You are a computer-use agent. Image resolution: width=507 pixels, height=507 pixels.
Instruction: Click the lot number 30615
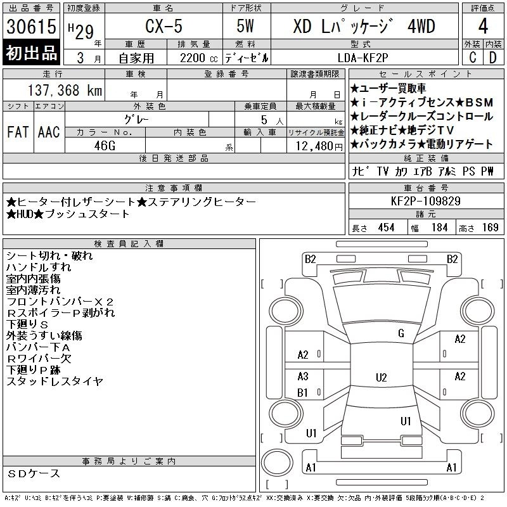coord(31,26)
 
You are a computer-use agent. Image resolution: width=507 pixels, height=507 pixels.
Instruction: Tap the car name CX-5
coord(164,26)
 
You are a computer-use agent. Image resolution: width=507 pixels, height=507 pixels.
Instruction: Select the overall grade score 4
coord(483,26)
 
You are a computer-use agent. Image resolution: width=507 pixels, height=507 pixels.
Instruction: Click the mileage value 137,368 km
coord(65,90)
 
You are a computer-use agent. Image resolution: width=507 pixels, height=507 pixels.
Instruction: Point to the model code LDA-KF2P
coord(363,58)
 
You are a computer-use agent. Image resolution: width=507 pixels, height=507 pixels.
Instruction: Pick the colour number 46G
coord(105,146)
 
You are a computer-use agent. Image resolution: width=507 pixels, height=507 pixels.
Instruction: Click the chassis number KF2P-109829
coord(425,201)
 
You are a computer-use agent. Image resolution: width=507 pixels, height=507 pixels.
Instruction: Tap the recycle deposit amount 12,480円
coord(319,146)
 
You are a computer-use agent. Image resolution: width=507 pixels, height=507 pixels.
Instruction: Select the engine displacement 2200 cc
coord(199,58)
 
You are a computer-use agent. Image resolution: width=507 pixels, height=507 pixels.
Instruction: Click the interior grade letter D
coord(493,58)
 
